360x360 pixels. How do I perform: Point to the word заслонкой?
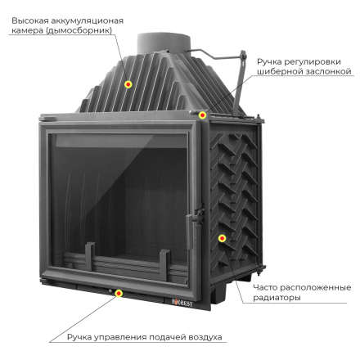click(x=327, y=72)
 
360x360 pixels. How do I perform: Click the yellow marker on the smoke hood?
click(x=128, y=84)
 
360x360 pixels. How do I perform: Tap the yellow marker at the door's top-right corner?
click(x=202, y=115)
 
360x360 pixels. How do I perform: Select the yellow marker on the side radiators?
click(x=221, y=237)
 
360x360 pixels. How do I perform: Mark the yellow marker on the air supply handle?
click(x=119, y=292)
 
